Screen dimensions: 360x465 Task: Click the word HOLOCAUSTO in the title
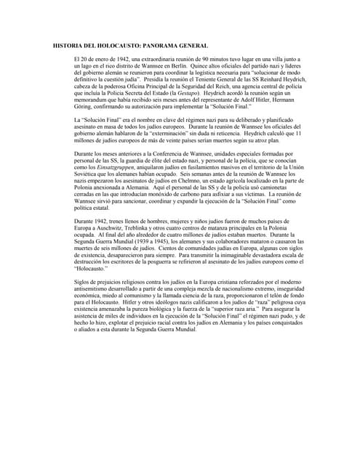[x=114, y=45]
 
